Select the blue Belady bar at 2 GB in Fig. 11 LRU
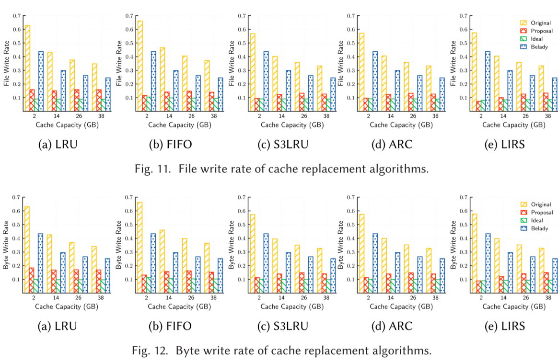tap(41, 81)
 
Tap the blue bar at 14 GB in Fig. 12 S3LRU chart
tap(289, 272)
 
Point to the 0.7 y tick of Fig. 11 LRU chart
tap(17, 16)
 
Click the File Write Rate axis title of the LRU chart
tap(7, 63)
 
